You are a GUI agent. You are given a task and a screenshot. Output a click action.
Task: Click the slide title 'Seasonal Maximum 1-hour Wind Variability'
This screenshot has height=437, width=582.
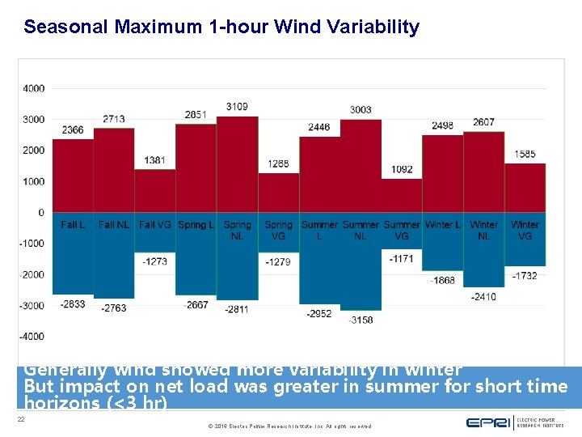coord(221,27)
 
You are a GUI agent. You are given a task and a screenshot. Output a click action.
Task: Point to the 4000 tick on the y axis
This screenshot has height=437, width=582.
coord(34,88)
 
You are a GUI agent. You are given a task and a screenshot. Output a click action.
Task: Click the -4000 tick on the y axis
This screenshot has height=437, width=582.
coord(32,337)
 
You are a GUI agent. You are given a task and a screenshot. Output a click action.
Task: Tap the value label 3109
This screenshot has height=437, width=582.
coord(237,107)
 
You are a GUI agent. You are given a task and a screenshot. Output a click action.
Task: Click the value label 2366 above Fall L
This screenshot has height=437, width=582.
coord(73,130)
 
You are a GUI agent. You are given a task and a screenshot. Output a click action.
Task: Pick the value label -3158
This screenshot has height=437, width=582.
coord(361,320)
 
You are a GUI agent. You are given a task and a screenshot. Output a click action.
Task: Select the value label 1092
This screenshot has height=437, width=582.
coord(402,169)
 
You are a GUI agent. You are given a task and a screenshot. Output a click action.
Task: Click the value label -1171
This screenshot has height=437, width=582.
coord(401,259)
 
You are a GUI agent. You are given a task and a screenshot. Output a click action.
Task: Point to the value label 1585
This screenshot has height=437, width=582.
coord(525,154)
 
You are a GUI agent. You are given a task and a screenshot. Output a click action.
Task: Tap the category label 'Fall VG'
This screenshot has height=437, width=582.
coord(154,225)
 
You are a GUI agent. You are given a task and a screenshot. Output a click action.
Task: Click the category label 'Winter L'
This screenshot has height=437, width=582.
coord(442,225)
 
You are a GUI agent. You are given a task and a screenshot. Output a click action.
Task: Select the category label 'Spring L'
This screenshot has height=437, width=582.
coord(196,225)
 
